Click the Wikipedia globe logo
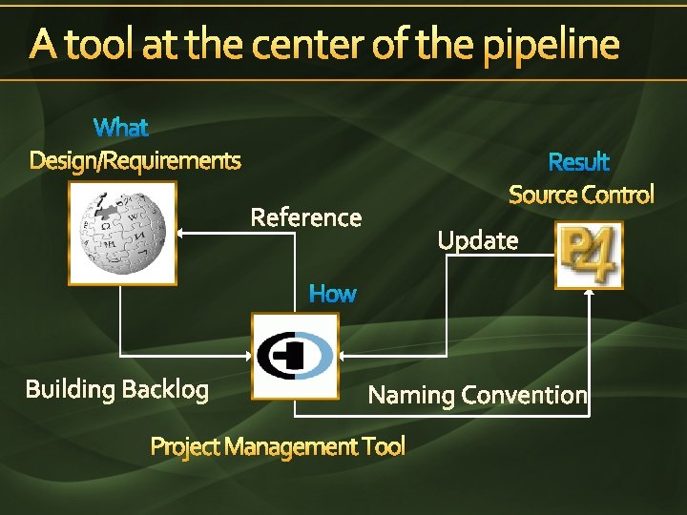[122, 233]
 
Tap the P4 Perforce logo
[589, 255]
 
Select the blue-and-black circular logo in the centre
[295, 356]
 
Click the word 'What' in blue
[121, 127]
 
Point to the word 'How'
[332, 294]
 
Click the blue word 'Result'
[578, 162]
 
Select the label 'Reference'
[305, 217]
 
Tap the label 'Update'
[478, 240]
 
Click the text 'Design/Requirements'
[135, 160]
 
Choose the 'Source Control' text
[581, 196]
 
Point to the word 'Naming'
[411, 395]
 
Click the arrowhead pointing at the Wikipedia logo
[184, 233]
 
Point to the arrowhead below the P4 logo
[590, 294]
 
